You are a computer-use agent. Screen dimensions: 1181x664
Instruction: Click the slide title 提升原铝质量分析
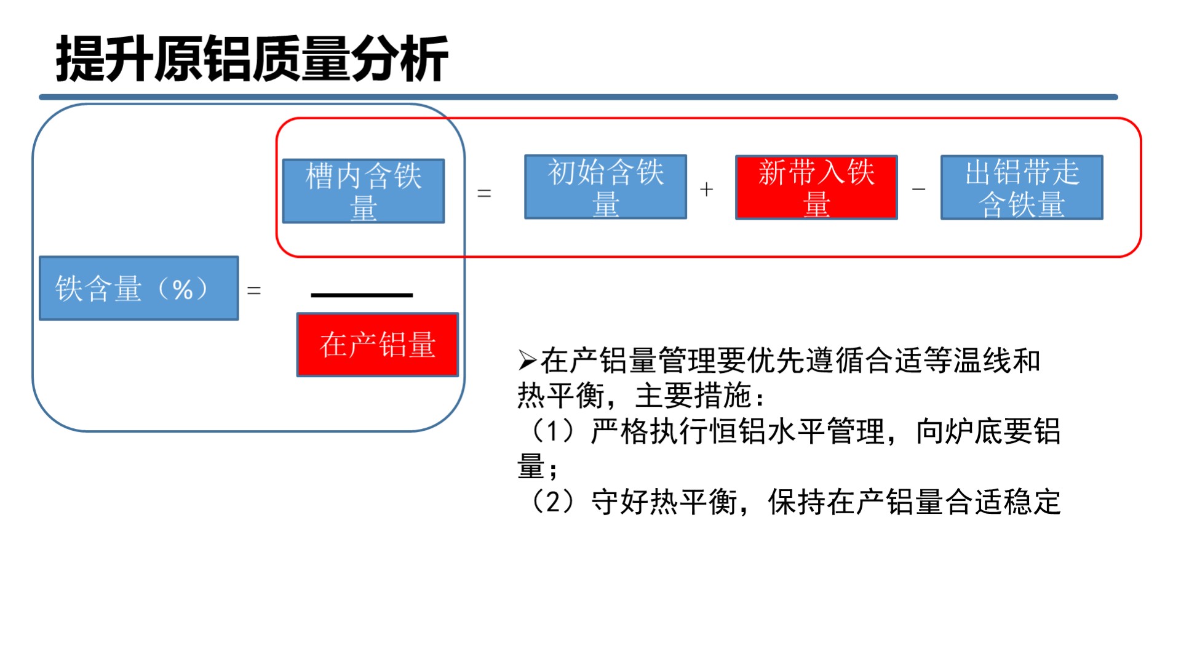[x=252, y=59]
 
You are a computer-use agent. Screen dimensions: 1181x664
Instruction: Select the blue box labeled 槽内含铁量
[x=364, y=191]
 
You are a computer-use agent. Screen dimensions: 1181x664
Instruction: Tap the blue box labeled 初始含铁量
[x=605, y=187]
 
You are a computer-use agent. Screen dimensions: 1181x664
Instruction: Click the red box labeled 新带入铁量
[x=816, y=187]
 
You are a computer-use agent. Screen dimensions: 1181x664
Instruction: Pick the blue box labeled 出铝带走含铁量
[x=1022, y=187]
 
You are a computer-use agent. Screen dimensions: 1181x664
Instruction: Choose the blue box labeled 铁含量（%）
[x=139, y=288]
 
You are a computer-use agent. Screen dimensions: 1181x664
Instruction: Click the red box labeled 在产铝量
[x=378, y=345]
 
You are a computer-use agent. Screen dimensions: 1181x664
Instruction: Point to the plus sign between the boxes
[x=707, y=190]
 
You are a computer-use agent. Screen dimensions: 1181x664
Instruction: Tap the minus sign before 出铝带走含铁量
[x=919, y=190]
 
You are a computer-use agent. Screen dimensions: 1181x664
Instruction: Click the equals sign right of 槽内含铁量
[x=485, y=194]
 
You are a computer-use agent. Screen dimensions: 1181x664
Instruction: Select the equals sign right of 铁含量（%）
[x=254, y=290]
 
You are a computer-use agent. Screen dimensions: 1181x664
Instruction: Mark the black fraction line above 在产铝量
[x=362, y=295]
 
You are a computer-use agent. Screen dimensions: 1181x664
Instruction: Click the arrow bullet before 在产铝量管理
[x=528, y=361]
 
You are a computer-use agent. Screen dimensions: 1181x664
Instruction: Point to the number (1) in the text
[x=553, y=431]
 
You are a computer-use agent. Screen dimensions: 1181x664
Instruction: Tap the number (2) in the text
[x=553, y=502]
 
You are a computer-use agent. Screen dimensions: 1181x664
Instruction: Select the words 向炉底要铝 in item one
[x=988, y=431]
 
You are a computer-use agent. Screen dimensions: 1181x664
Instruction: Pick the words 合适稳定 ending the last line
[x=1003, y=502]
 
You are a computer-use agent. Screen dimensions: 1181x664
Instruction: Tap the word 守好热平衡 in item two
[x=664, y=502]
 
